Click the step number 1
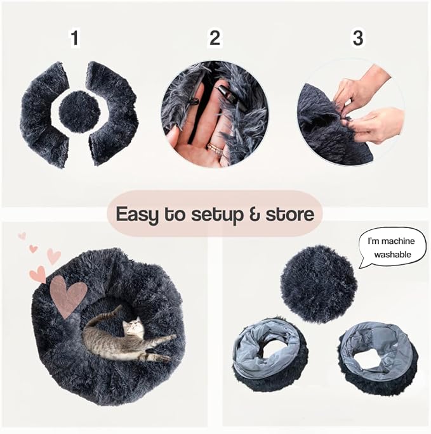click(75, 39)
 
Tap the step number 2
click(215, 39)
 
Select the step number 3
click(358, 39)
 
